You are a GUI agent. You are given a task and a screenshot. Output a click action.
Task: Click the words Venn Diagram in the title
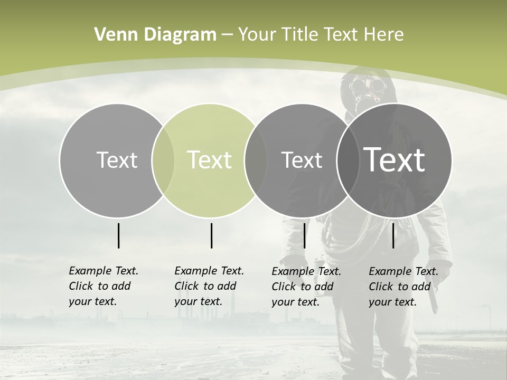click(x=155, y=35)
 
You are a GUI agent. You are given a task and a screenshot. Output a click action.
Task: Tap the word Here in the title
click(x=384, y=35)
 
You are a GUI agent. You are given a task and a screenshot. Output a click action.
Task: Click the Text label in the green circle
click(x=210, y=160)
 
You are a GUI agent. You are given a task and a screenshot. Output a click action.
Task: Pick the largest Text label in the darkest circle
click(x=395, y=159)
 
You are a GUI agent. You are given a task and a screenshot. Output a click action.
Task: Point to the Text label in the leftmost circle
click(x=117, y=160)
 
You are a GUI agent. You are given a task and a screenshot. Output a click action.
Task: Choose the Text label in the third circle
click(x=302, y=160)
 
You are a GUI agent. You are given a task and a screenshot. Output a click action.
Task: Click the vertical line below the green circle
click(x=211, y=235)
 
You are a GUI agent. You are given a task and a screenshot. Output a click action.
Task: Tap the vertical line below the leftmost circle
click(x=118, y=235)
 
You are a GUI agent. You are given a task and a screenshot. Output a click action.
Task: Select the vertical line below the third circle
click(x=304, y=235)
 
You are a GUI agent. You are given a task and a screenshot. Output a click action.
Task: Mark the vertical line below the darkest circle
click(x=393, y=235)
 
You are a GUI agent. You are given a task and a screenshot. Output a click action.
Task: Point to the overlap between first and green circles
click(x=163, y=160)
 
